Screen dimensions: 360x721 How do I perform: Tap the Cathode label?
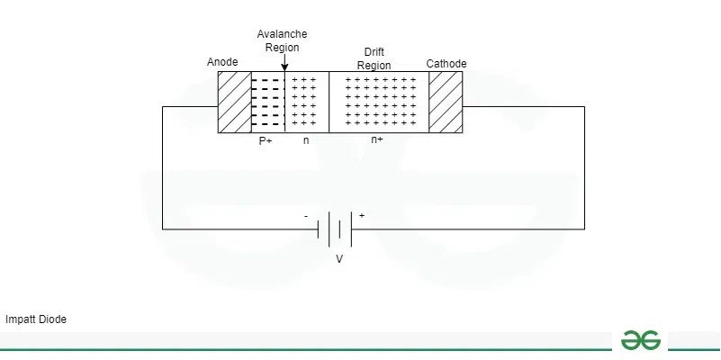pyautogui.click(x=446, y=63)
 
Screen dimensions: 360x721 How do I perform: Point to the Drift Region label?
pyautogui.click(x=374, y=58)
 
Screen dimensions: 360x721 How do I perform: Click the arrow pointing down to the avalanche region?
pyautogui.click(x=284, y=63)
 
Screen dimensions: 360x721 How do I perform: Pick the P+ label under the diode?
pyautogui.click(x=266, y=140)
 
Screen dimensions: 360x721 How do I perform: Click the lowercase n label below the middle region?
pyautogui.click(x=306, y=140)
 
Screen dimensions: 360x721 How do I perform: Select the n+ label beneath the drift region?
pyautogui.click(x=377, y=140)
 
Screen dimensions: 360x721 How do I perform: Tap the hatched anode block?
pyautogui.click(x=235, y=102)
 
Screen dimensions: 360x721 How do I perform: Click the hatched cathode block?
pyautogui.click(x=446, y=102)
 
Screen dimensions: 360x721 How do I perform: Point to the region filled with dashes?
pyautogui.click(x=267, y=102)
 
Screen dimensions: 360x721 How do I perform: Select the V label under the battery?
pyautogui.click(x=339, y=259)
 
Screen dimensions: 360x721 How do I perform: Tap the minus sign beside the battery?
pyautogui.click(x=306, y=217)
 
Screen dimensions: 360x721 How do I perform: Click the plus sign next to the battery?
pyautogui.click(x=362, y=216)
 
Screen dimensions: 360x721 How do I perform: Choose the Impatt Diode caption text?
pyautogui.click(x=36, y=319)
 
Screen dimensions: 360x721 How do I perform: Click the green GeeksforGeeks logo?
pyautogui.click(x=640, y=339)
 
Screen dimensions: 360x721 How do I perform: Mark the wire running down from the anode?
pyautogui.click(x=163, y=166)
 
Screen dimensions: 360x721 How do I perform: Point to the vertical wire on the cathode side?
pyautogui.click(x=584, y=166)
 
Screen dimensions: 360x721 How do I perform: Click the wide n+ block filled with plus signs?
pyautogui.click(x=379, y=102)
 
